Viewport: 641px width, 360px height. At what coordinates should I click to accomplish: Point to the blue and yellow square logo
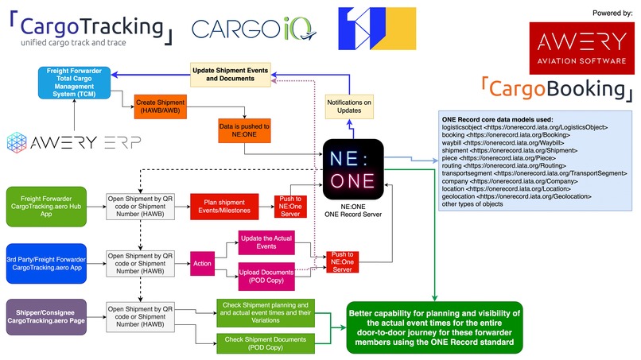pyautogui.click(x=376, y=29)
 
